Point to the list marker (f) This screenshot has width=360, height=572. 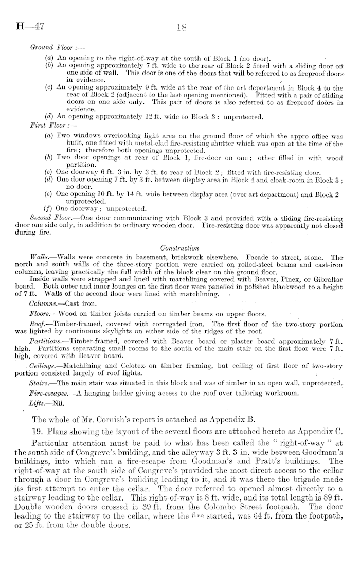click(x=49, y=208)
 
